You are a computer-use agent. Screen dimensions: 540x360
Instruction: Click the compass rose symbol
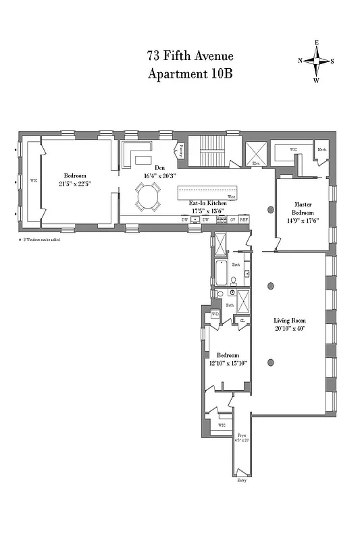click(315, 60)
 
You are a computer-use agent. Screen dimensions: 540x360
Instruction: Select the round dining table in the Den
click(147, 198)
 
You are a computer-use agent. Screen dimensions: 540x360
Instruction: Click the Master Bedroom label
click(302, 208)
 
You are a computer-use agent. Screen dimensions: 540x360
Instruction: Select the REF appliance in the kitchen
click(244, 220)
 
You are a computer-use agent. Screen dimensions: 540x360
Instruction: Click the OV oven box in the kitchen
click(232, 220)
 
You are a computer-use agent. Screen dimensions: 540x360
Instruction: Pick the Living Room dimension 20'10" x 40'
click(289, 328)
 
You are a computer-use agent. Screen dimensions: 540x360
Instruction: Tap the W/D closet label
click(215, 315)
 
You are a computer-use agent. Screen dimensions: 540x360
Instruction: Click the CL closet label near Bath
click(242, 321)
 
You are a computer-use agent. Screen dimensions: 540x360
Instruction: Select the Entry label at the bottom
click(241, 480)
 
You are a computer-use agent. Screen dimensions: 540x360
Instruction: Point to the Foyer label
click(242, 436)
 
